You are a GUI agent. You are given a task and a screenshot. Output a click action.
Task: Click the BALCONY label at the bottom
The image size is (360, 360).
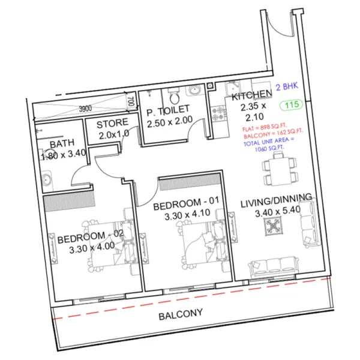(x=180, y=314)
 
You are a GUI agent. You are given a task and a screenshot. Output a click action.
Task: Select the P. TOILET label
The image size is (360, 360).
(x=167, y=109)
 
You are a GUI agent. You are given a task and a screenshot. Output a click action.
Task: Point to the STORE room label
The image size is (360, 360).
(x=112, y=125)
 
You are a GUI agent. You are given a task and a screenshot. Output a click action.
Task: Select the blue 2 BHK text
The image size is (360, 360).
(x=287, y=88)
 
